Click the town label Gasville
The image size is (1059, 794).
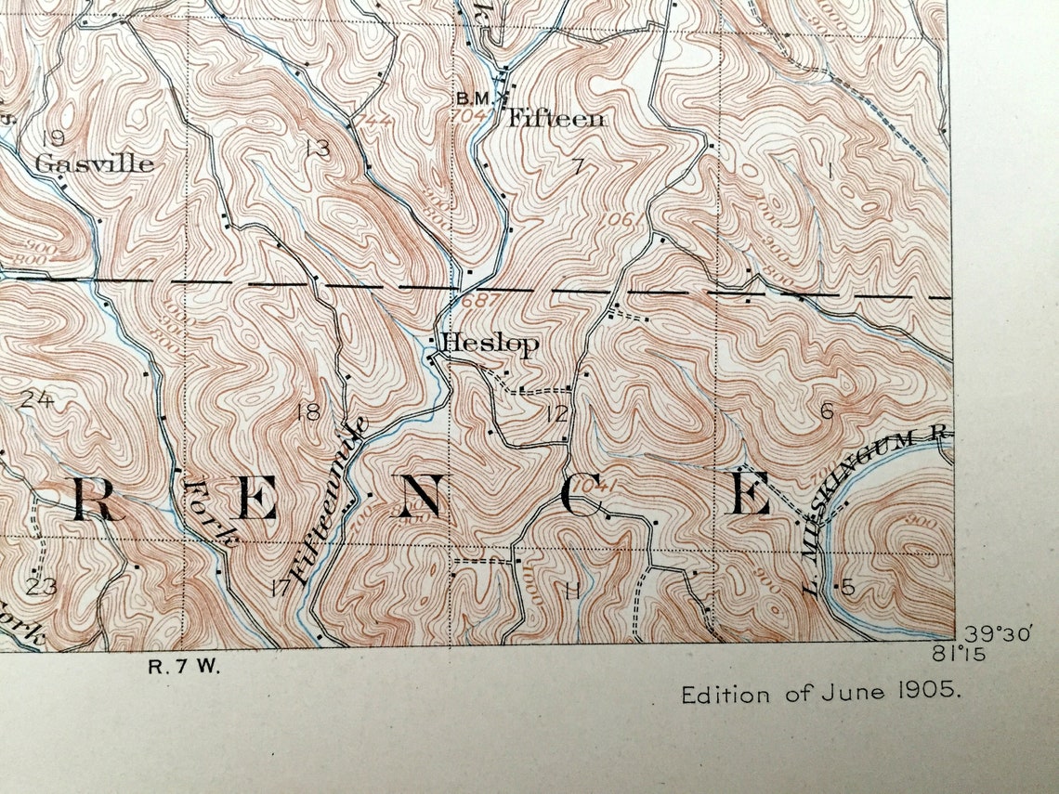click(x=94, y=164)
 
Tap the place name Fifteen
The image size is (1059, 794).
click(x=555, y=119)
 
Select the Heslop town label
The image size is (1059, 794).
click(x=490, y=344)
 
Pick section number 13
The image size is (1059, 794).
click(x=317, y=148)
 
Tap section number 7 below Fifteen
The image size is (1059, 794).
click(x=577, y=167)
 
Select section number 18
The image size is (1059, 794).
click(x=307, y=412)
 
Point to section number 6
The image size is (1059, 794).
click(x=826, y=411)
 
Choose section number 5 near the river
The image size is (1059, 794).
click(x=846, y=587)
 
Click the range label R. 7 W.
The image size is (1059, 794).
click(x=184, y=667)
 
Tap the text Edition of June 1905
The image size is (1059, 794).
click(x=821, y=694)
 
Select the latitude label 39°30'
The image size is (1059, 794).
click(x=999, y=634)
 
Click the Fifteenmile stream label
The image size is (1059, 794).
click(x=330, y=501)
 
